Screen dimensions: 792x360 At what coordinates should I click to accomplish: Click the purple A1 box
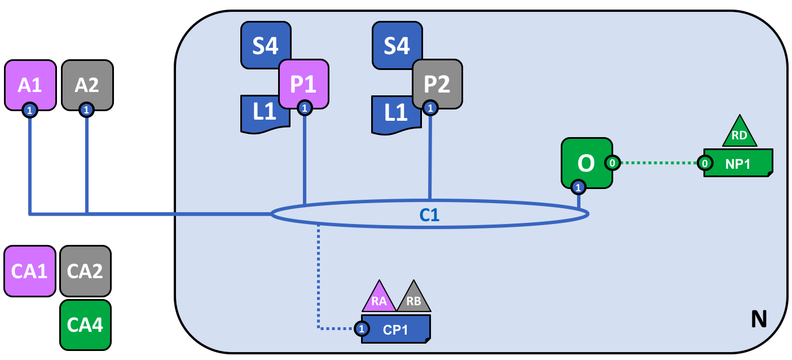pyautogui.click(x=30, y=85)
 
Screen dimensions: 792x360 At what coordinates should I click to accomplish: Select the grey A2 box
pyautogui.click(x=87, y=85)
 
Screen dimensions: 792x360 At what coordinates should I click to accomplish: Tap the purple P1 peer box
pyautogui.click(x=303, y=84)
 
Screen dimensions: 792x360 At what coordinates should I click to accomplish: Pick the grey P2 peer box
pyautogui.click(x=437, y=84)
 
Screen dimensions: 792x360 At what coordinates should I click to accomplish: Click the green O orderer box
pyautogui.click(x=587, y=163)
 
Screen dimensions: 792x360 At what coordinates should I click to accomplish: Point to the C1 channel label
pyautogui.click(x=429, y=215)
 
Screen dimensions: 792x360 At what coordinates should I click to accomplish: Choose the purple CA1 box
pyautogui.click(x=30, y=271)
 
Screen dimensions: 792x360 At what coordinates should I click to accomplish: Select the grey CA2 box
pyautogui.click(x=86, y=271)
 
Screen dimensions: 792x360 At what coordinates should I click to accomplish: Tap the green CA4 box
pyautogui.click(x=86, y=325)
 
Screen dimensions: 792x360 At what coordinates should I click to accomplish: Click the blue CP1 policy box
pyautogui.click(x=396, y=329)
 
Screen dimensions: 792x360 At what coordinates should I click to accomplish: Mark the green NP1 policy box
pyautogui.click(x=738, y=163)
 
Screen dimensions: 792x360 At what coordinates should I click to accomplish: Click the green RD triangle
pyautogui.click(x=740, y=131)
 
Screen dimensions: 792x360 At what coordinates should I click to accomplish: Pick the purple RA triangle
pyautogui.click(x=379, y=297)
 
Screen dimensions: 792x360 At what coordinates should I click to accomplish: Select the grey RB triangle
pyautogui.click(x=413, y=297)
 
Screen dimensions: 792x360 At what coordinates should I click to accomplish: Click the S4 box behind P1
pyautogui.click(x=266, y=45)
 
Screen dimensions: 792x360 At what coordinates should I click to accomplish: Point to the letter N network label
pyautogui.click(x=759, y=319)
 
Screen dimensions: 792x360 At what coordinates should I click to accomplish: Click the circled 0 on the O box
pyautogui.click(x=613, y=163)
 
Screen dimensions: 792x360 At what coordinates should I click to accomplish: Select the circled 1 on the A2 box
pyautogui.click(x=86, y=110)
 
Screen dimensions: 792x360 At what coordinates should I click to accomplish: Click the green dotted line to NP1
pyautogui.click(x=659, y=163)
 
